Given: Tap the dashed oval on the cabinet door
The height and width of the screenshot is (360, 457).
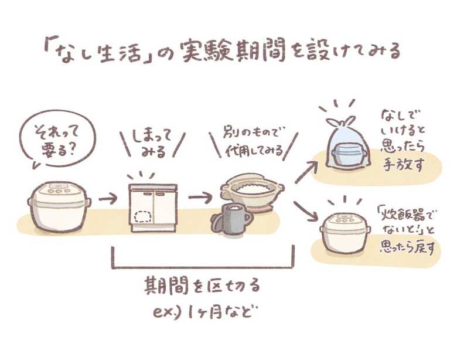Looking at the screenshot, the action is coord(144,218).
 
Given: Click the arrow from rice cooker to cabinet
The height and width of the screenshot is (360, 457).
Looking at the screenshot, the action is coord(108,199).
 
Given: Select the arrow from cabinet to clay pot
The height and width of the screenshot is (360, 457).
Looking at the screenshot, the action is coord(200,198).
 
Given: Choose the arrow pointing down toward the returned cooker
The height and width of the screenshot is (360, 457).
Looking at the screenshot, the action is coord(306,210).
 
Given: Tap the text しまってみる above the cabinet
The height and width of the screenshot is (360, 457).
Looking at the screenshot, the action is coord(152,144).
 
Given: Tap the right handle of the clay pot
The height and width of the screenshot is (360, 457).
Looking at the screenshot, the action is coord(281,186).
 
